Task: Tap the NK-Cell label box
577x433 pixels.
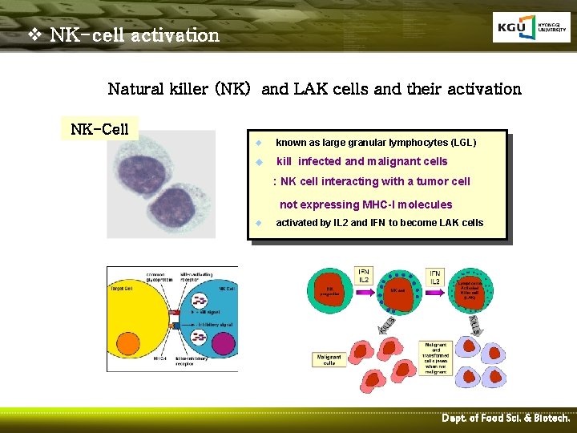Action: click(x=100, y=128)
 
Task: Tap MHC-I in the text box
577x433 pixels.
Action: click(x=349, y=204)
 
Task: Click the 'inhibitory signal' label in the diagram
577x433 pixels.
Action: click(x=211, y=325)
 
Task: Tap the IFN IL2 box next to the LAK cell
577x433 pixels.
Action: click(x=434, y=277)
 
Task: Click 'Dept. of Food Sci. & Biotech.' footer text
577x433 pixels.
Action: click(x=506, y=419)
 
